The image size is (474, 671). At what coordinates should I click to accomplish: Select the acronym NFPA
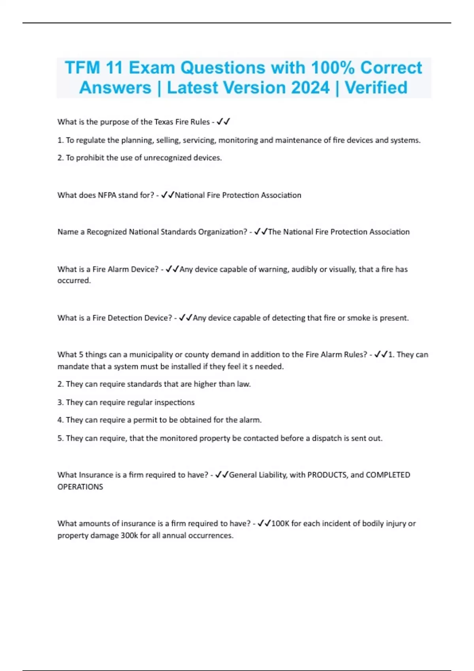pos(107,195)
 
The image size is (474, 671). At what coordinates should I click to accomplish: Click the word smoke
pos(358,318)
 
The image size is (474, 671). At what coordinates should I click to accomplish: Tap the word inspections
pos(174,402)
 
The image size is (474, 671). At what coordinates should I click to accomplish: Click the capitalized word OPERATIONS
pos(80,487)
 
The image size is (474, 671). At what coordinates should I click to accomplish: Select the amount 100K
pos(280,523)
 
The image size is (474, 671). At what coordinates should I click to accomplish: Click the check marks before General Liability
pos(222,475)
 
